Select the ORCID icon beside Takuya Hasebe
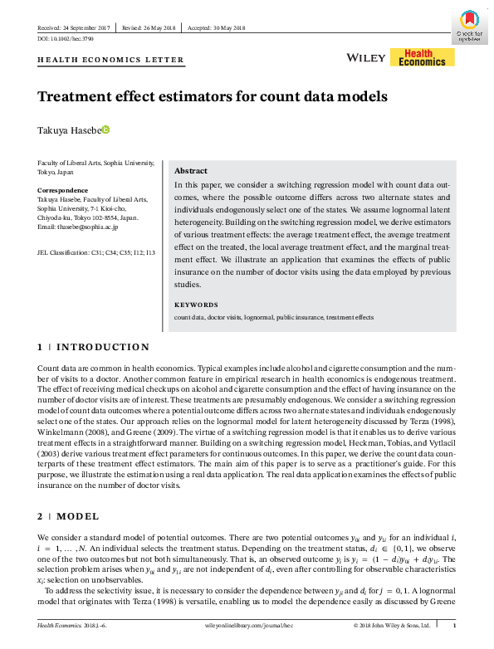pos(105,129)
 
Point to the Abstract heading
pos(190,169)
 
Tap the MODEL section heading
pos(80,516)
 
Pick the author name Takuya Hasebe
pos(69,130)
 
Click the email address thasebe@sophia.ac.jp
pos(78,227)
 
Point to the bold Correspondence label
pos(62,191)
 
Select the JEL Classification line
pos(96,252)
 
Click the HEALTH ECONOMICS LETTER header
pos(111,61)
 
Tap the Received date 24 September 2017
pos(76,27)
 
